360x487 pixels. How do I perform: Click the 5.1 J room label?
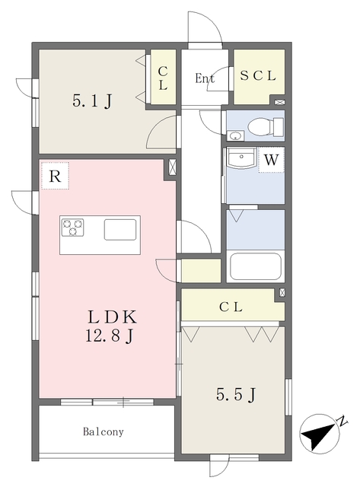(92, 100)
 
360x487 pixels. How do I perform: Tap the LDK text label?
(112, 317)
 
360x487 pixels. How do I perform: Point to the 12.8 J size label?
(110, 335)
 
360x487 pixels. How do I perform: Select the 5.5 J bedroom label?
(236, 395)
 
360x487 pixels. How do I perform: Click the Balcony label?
(103, 431)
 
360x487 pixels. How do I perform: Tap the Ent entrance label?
(205, 78)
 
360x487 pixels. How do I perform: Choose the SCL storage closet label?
(258, 76)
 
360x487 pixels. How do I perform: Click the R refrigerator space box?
(55, 176)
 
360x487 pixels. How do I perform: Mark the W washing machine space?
(271, 160)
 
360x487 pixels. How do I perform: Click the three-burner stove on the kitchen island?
(72, 228)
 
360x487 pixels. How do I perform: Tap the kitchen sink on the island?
(120, 230)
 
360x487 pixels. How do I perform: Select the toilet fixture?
(266, 127)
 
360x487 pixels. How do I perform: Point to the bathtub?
(255, 267)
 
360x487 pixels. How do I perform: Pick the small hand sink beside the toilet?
(235, 135)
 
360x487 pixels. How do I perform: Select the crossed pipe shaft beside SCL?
(279, 102)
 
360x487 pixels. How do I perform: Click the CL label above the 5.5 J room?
(231, 307)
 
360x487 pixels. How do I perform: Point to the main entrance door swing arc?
(212, 22)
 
